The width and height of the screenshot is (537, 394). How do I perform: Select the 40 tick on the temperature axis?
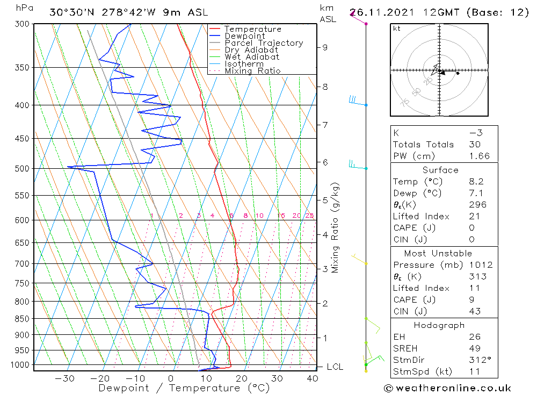point(312,378)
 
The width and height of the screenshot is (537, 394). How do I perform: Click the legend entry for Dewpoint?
point(244,36)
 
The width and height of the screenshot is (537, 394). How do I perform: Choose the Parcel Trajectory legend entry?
point(264,43)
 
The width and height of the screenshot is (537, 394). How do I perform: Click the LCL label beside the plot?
point(335,367)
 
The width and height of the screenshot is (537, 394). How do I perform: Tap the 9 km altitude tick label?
point(324,47)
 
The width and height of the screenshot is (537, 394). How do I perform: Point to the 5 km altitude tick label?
point(324,200)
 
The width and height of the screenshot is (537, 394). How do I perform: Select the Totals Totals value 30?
point(474,145)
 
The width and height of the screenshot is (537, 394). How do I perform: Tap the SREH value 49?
point(474,348)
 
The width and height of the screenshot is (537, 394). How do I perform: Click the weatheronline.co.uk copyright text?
point(447,388)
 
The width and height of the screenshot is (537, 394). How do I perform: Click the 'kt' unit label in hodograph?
point(397,28)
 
